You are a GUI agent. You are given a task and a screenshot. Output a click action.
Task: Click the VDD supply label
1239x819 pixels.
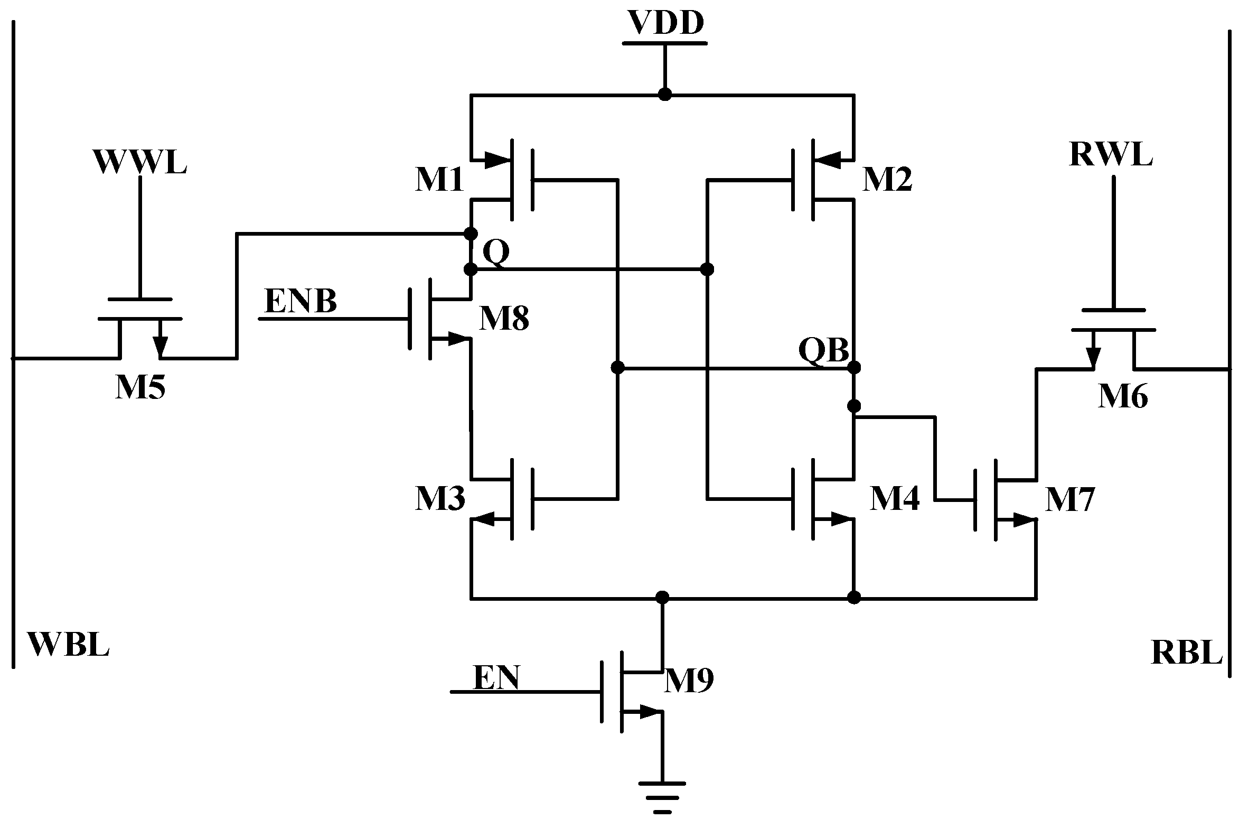(x=665, y=24)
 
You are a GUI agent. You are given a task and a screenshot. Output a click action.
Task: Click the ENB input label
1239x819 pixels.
(x=301, y=302)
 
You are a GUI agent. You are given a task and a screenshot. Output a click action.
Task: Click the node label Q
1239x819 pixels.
(x=496, y=253)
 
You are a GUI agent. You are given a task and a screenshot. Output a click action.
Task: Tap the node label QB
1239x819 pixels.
(x=823, y=350)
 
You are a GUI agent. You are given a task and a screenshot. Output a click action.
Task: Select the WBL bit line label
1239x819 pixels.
(x=69, y=644)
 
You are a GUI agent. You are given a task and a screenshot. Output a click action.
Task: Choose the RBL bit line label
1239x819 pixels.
(x=1186, y=652)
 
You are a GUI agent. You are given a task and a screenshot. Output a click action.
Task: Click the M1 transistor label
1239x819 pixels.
(x=439, y=180)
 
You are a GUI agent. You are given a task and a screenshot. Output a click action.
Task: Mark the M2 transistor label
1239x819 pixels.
(x=887, y=181)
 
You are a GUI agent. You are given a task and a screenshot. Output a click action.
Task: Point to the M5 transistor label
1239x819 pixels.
(x=140, y=388)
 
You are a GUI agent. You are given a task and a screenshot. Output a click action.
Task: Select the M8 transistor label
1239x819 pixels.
(x=504, y=320)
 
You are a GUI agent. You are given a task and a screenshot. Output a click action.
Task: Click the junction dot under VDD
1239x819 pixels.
(x=665, y=95)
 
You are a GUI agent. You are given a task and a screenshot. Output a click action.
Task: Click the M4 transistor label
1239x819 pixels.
(x=895, y=499)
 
